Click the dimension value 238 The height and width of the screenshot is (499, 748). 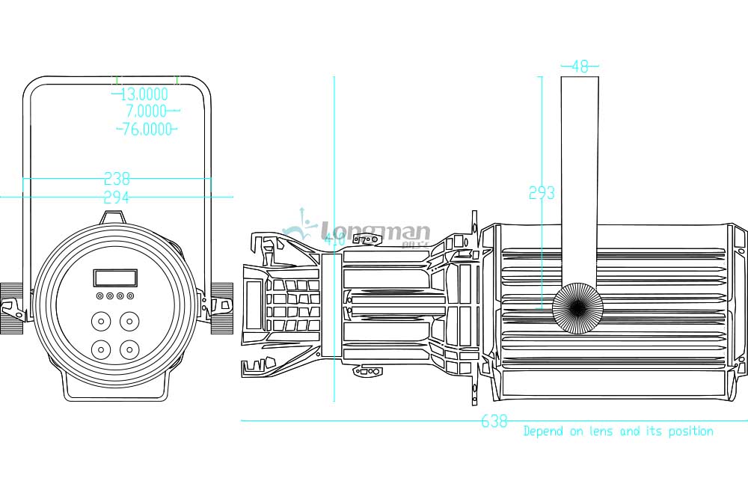[117, 179]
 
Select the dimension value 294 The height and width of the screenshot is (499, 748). [117, 198]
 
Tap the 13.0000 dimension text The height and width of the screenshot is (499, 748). [144, 94]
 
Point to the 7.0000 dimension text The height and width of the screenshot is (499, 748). [147, 111]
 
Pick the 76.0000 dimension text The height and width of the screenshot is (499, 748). [147, 129]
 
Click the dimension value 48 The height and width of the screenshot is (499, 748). [580, 66]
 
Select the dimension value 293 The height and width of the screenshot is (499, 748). [542, 193]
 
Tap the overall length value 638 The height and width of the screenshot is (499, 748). [494, 422]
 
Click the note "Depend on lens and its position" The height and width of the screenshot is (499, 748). [618, 431]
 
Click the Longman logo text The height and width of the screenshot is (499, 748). [374, 230]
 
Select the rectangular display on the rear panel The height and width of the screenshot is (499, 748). [114, 278]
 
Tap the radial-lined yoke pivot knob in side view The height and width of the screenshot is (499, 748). [577, 307]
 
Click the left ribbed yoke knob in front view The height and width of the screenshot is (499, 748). [12, 308]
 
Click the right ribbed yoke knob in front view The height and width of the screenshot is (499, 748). [222, 308]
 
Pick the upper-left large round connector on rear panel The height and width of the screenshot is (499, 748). [99, 322]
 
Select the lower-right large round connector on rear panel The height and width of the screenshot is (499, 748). [130, 349]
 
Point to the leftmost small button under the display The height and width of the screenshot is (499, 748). [99, 296]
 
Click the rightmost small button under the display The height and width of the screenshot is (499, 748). [130, 296]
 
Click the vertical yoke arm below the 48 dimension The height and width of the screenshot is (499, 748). [580, 180]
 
